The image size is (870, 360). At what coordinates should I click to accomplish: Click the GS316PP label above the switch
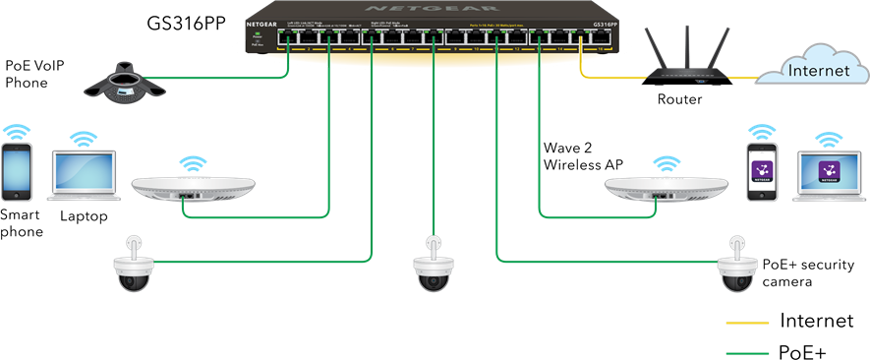tap(188, 21)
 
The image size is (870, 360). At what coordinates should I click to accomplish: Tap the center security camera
tap(434, 267)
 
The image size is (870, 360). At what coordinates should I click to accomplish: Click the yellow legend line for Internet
tap(746, 322)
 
